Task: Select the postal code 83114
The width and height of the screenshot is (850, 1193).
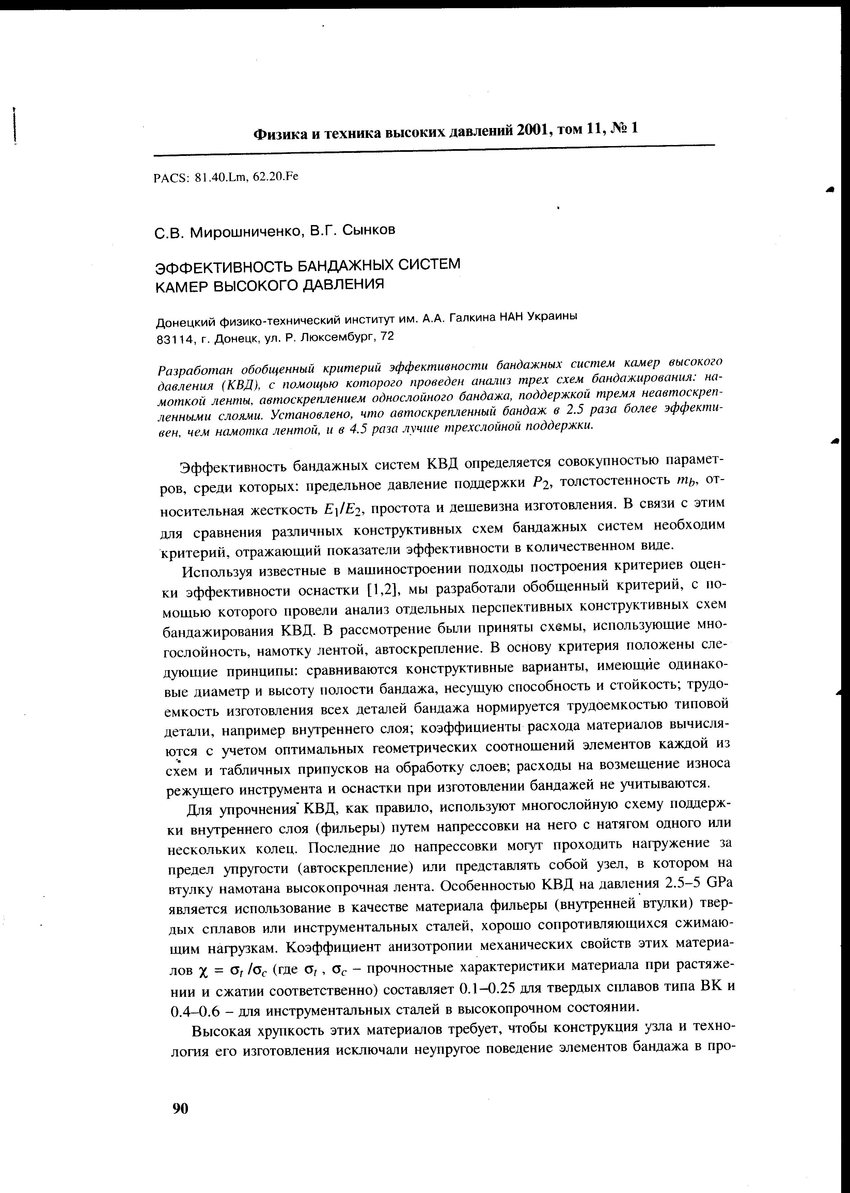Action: (171, 339)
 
